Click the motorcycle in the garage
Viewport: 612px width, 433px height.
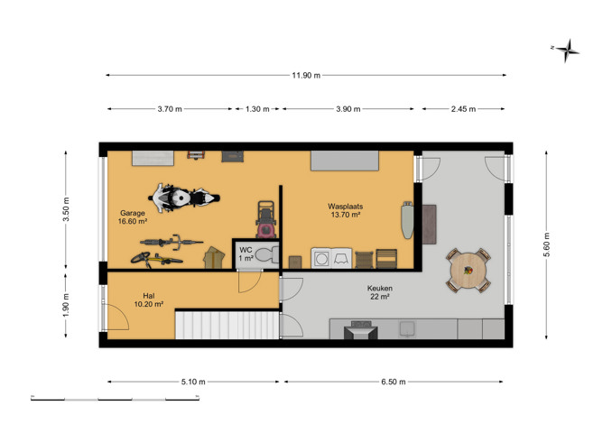[183, 198]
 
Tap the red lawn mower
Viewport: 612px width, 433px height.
[266, 219]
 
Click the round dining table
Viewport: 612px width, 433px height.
[468, 271]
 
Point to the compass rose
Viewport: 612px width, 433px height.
[567, 51]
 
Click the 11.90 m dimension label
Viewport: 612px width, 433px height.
[306, 75]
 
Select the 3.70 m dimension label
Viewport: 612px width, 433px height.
[170, 109]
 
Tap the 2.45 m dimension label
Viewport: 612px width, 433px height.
[463, 109]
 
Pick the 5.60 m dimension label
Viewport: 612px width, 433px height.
[547, 244]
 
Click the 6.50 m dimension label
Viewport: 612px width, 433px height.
[393, 382]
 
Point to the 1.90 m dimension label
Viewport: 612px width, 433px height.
[66, 305]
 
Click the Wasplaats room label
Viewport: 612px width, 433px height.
[346, 207]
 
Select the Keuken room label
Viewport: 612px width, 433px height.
[380, 289]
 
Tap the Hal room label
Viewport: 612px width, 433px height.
[149, 296]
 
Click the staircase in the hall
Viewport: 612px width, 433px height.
[227, 325]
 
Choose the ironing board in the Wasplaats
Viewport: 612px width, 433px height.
[407, 219]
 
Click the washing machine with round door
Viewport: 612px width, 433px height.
[321, 258]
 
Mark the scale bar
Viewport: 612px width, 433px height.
[116, 399]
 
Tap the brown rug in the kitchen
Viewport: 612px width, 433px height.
[430, 225]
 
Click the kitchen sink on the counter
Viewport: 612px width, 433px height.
[407, 329]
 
